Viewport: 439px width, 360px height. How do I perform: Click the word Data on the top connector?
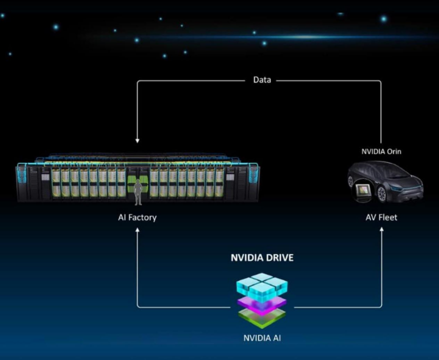tap(262, 79)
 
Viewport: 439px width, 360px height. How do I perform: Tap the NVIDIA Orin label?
tap(381, 151)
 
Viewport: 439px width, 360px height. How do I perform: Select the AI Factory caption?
tap(137, 217)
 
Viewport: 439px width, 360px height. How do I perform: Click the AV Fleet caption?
tap(381, 217)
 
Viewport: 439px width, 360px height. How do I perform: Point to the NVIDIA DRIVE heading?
tap(262, 258)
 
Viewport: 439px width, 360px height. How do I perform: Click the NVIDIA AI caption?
tap(262, 338)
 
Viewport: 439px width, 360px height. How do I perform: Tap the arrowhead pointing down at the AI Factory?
tap(137, 140)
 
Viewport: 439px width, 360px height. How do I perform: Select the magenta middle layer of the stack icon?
tap(261, 302)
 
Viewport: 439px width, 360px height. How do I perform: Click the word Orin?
tap(393, 151)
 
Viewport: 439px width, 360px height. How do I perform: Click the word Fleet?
tap(388, 217)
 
